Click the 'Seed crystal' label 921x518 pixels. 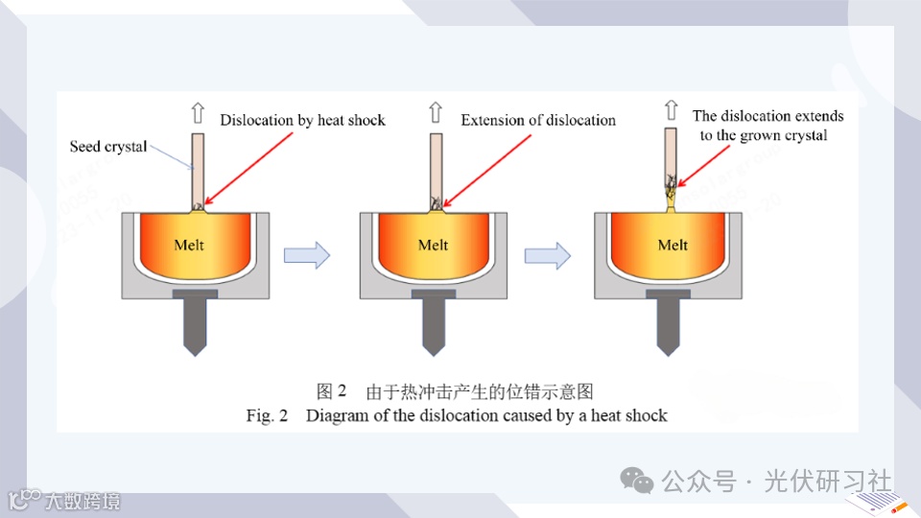108,147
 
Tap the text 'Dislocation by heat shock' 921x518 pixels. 302,120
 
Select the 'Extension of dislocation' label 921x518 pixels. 538,120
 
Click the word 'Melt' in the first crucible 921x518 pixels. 189,245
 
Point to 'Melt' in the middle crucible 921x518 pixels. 433,245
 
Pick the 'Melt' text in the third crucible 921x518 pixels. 673,245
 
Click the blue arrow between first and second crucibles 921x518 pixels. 307,255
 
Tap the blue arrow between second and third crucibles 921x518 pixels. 548,255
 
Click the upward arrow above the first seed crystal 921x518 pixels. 198,113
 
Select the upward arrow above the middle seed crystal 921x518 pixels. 436,113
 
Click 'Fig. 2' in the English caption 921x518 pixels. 267,415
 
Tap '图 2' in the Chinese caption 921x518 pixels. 331,391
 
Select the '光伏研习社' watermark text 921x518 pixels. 827,481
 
